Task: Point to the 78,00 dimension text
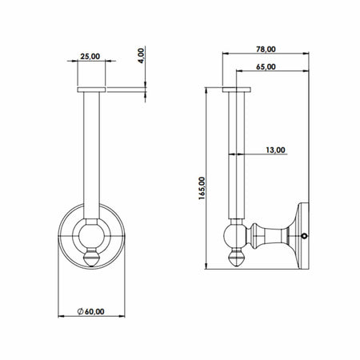tap(266, 48)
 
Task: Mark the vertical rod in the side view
tap(237, 152)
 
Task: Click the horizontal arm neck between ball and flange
tap(264, 234)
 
